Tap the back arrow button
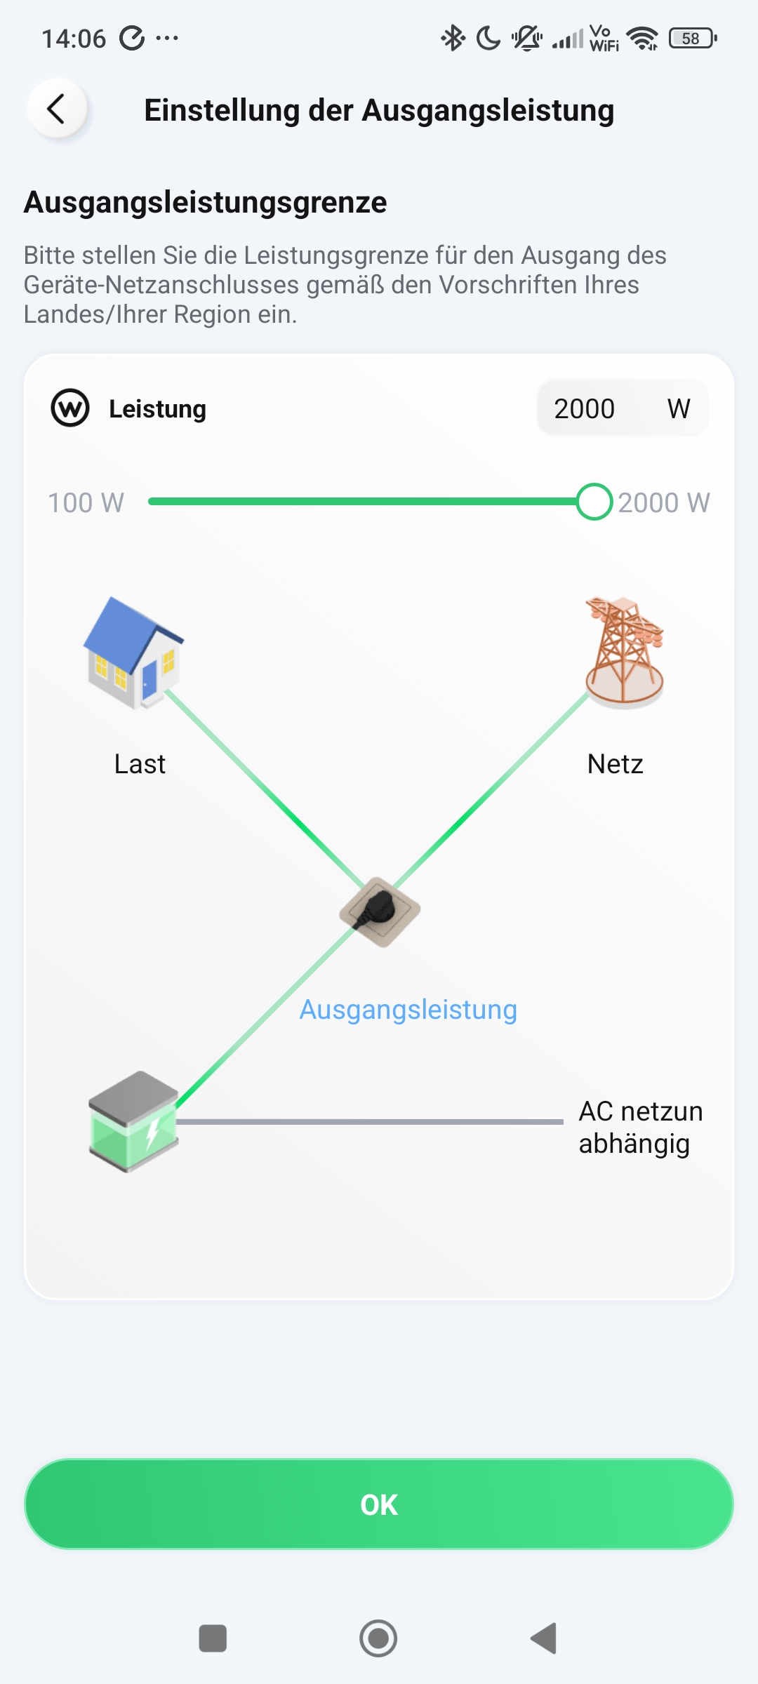pos(57,109)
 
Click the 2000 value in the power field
pos(584,408)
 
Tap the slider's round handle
pos(594,502)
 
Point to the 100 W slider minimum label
pos(86,502)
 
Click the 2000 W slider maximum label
pos(664,502)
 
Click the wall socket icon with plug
pos(380,911)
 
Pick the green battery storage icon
pos(133,1121)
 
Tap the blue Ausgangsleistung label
pos(408,1009)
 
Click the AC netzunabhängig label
pos(640,1127)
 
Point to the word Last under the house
pos(140,763)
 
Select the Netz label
pos(615,763)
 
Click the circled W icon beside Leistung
pos(70,408)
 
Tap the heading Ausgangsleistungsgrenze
pos(205,202)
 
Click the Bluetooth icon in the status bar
pos(453,38)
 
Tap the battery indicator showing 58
pos(692,38)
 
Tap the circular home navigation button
pos(378,1638)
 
